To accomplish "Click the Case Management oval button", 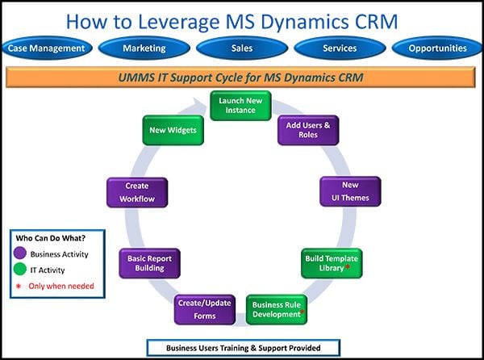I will click(x=46, y=48).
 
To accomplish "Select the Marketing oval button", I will click(x=144, y=48).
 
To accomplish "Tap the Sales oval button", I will click(x=241, y=48).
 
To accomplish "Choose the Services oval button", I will click(x=339, y=48).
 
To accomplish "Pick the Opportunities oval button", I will click(x=436, y=48).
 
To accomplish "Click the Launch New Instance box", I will click(x=241, y=106).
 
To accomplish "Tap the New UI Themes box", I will click(x=350, y=191).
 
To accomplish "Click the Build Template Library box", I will click(x=332, y=263).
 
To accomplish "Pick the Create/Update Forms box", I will click(x=205, y=309).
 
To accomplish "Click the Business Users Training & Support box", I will click(x=243, y=347).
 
